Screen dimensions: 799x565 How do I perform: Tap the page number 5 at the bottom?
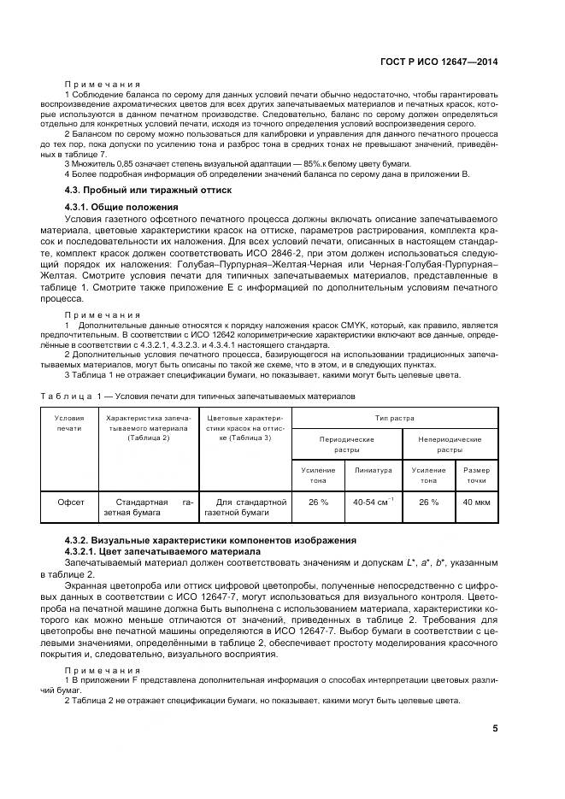495,728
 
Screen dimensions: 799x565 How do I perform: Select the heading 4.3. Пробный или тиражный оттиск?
148,189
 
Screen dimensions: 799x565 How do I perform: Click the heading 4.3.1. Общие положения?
121,207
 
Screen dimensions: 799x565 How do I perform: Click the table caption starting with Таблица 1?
198,397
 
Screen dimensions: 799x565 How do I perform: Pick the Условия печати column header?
69,423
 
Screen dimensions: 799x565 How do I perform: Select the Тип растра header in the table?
394,418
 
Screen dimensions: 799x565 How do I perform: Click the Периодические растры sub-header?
346,444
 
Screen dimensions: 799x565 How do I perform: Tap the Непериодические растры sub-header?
449,444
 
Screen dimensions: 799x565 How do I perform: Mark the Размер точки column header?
476,473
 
